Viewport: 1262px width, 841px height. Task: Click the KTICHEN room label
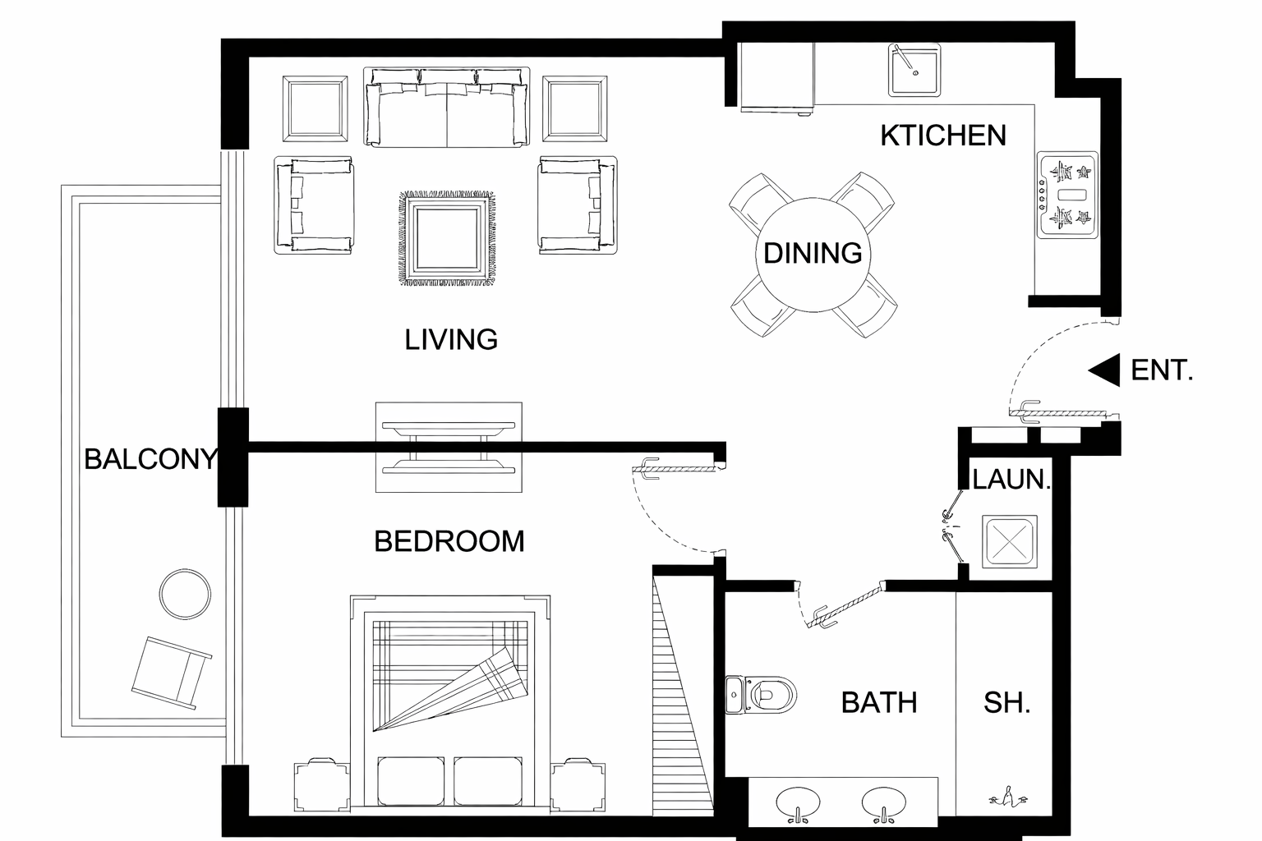943,136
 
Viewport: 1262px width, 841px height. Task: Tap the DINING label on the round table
813,253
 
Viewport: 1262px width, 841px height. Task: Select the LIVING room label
451,340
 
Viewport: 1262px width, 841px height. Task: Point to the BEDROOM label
449,541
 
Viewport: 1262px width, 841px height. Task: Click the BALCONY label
150,459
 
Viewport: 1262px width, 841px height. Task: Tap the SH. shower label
1006,702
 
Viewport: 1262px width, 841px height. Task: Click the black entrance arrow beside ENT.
1104,370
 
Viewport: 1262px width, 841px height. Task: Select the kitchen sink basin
914,70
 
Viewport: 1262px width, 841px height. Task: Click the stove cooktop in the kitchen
1067,195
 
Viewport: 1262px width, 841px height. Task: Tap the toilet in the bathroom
761,695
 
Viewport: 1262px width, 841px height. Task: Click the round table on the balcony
185,595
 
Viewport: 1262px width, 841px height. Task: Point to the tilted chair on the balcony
172,673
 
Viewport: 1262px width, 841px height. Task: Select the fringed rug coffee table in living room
448,238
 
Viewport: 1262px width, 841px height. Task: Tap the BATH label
879,702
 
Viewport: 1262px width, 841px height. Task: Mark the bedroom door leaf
679,469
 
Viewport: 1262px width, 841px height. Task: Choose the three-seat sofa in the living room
447,107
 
